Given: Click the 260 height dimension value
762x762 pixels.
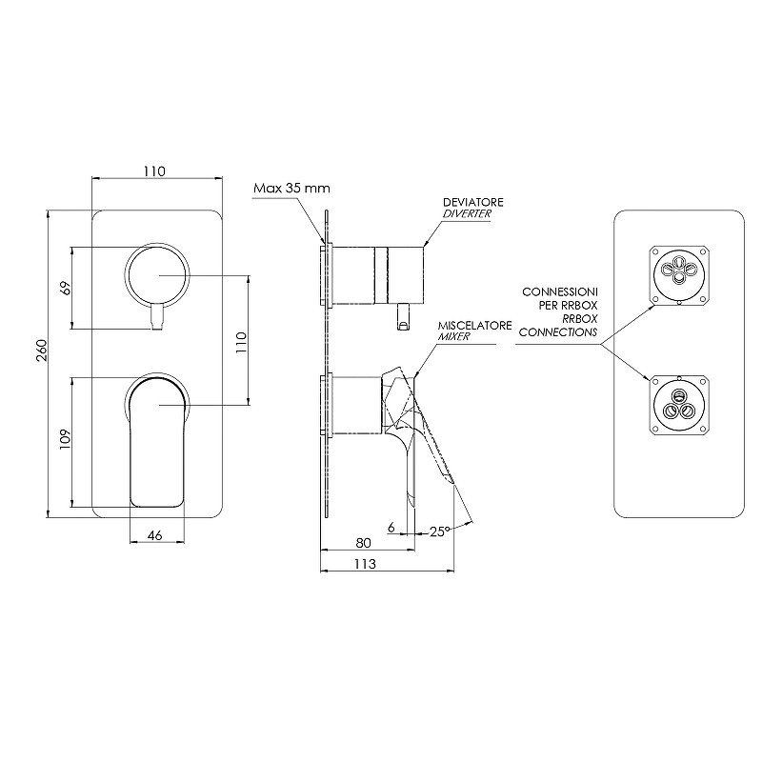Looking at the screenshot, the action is (42, 350).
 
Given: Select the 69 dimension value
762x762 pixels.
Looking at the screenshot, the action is (66, 288).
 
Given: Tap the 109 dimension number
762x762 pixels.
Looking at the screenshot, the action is (65, 439).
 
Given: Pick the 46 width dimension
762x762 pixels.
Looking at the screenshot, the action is (154, 535).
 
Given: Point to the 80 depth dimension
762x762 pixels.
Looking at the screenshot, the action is (363, 542).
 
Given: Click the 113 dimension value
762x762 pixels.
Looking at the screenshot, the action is (365, 563).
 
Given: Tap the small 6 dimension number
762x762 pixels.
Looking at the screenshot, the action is (391, 527).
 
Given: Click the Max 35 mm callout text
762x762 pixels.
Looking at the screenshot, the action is (291, 188).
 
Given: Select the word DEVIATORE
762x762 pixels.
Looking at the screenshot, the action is (472, 202).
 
